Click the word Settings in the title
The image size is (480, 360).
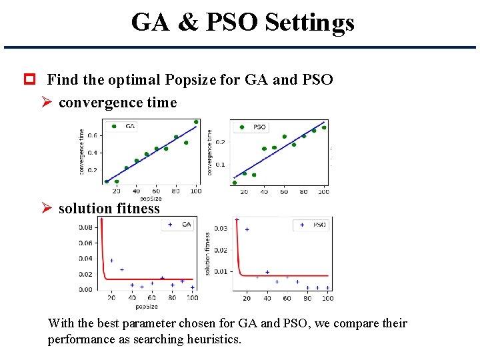pyautogui.click(x=309, y=23)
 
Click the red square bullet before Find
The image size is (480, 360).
pyautogui.click(x=29, y=80)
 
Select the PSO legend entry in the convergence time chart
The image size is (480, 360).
pyautogui.click(x=254, y=127)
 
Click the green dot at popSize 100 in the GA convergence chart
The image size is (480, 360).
pyautogui.click(x=196, y=122)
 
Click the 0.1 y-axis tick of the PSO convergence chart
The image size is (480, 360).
pyautogui.click(x=221, y=165)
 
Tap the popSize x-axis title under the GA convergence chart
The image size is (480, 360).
pyautogui.click(x=151, y=199)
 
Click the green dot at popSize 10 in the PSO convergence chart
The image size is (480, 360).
pyautogui.click(x=235, y=182)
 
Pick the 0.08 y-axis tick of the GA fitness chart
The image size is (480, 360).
pyautogui.click(x=86, y=227)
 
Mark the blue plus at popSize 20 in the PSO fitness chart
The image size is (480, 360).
pyautogui.click(x=247, y=229)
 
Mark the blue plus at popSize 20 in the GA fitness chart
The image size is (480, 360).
pyautogui.click(x=111, y=260)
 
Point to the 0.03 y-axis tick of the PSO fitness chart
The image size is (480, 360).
pyautogui.click(x=220, y=229)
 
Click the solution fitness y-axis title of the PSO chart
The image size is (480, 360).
pyautogui.click(x=207, y=254)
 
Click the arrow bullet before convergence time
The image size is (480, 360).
pyautogui.click(x=47, y=103)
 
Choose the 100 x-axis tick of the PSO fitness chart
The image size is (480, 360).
pyautogui.click(x=328, y=298)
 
